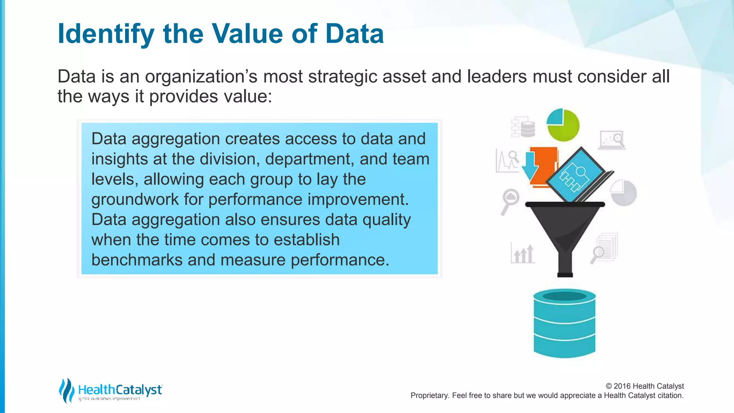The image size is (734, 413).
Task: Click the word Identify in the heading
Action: pyautogui.click(x=106, y=34)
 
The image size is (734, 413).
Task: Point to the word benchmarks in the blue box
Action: pyautogui.click(x=137, y=260)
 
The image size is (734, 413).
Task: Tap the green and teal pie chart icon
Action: pyautogui.click(x=563, y=125)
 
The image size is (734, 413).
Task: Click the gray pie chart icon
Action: pyautogui.click(x=624, y=193)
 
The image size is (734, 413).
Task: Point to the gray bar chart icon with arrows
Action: pyautogui.click(x=523, y=253)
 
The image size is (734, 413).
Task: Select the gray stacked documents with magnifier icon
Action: pyautogui.click(x=605, y=248)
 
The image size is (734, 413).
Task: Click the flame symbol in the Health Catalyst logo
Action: pyautogui.click(x=66, y=390)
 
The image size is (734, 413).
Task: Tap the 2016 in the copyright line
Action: pyautogui.click(x=622, y=386)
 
